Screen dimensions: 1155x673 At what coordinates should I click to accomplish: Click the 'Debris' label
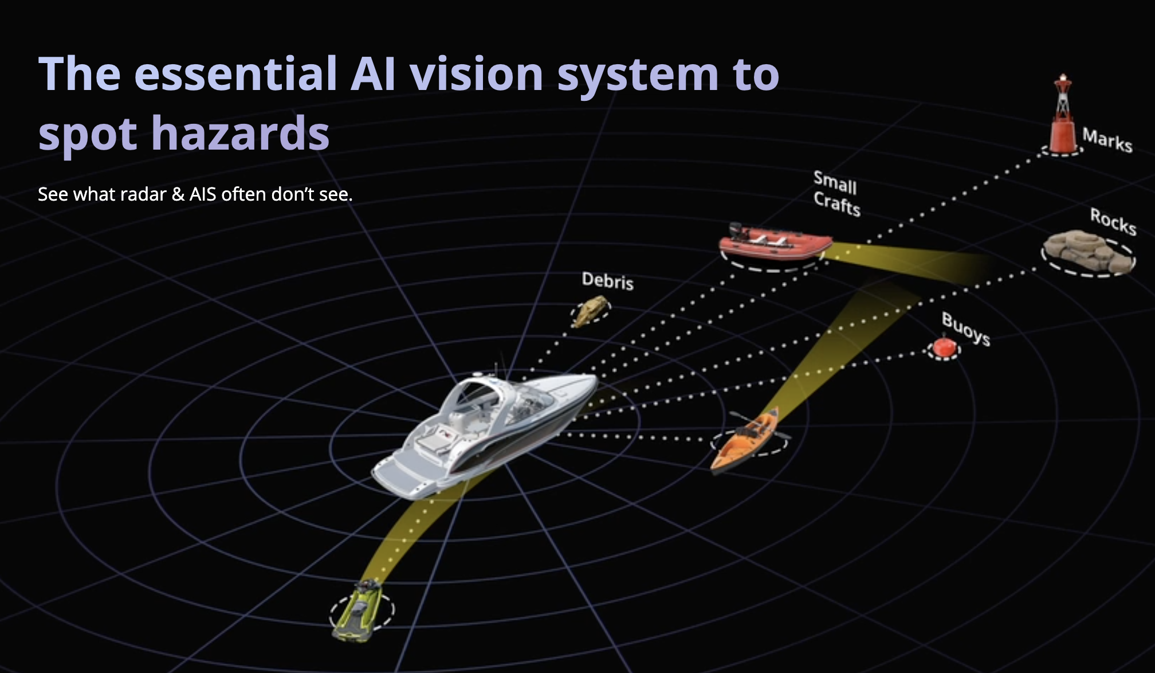(608, 280)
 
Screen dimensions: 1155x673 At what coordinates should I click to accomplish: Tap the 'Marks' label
(1107, 140)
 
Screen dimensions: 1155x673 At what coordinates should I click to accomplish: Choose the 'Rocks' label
(1113, 221)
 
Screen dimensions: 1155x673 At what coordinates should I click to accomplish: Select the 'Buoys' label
(966, 328)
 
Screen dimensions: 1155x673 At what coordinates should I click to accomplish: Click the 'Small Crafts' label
(836, 194)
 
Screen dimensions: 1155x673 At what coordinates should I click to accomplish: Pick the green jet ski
(358, 610)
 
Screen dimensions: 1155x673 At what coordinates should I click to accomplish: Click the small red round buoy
(944, 347)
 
